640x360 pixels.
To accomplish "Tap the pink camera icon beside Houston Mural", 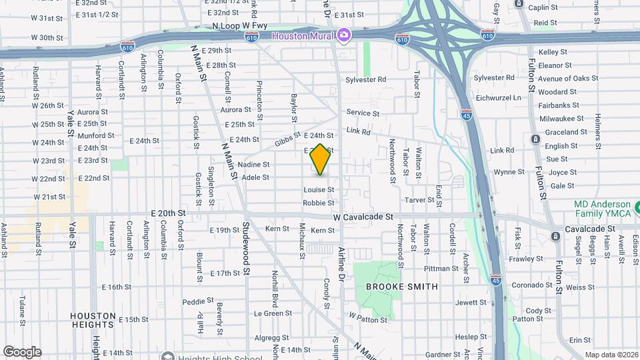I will (343, 35).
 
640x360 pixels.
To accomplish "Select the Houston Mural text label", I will (303, 35).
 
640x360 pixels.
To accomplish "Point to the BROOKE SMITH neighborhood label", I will (402, 287).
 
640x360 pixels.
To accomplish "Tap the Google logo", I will (22, 351).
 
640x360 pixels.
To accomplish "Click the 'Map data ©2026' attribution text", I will (611, 355).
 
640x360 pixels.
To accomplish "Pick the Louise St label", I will (319, 190).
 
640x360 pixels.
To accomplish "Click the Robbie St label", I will (318, 203).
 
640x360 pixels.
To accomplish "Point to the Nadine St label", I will (253, 165).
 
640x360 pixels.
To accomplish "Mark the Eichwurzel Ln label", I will (516, 97).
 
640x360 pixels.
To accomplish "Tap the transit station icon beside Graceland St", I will (535, 139).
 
